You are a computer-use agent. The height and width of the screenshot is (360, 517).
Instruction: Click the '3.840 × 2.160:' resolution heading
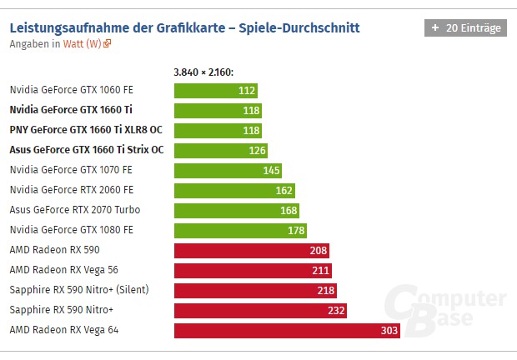203,72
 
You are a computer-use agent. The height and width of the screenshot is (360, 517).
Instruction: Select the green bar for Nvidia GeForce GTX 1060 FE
215,90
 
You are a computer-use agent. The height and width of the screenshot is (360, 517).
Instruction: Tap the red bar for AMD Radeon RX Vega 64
287,330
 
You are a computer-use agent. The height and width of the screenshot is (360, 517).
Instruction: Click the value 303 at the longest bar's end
388,330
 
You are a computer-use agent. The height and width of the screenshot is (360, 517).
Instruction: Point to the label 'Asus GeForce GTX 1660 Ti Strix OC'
86,150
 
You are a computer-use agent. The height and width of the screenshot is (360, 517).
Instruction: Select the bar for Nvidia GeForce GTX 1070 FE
227,170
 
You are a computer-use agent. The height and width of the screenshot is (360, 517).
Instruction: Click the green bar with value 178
240,230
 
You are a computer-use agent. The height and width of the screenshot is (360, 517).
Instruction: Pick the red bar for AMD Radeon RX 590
251,250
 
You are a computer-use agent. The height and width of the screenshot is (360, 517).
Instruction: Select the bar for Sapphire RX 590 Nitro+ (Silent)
254,290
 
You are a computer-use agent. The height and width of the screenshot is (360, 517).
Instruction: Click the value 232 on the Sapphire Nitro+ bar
335,310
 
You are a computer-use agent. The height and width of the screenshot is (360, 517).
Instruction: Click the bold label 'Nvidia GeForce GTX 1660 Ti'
71,110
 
